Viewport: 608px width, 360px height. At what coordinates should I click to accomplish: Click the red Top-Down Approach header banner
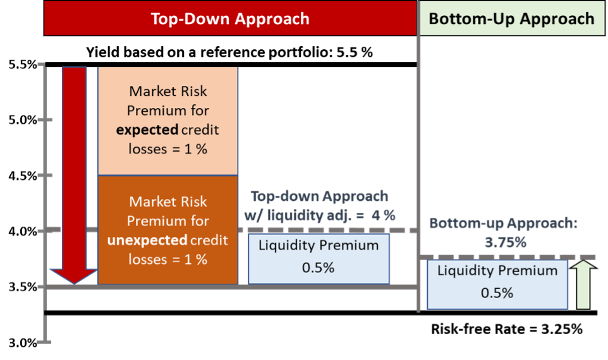[x=230, y=18]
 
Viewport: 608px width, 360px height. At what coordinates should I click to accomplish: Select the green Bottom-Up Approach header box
[x=511, y=18]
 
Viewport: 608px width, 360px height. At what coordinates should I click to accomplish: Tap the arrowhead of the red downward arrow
[x=73, y=275]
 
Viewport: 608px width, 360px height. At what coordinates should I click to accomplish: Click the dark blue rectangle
[x=327, y=126]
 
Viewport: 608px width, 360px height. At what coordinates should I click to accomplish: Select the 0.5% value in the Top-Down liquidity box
[x=318, y=267]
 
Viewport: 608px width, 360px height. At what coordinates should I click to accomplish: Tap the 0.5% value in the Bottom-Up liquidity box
[x=496, y=293]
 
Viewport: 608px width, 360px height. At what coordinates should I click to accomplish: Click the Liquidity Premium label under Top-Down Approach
[x=318, y=245]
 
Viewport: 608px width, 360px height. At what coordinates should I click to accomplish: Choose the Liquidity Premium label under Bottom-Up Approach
[x=497, y=271]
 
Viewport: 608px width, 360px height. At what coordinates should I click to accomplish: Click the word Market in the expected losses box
[x=151, y=92]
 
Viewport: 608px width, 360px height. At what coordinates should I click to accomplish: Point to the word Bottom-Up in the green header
[x=465, y=18]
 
